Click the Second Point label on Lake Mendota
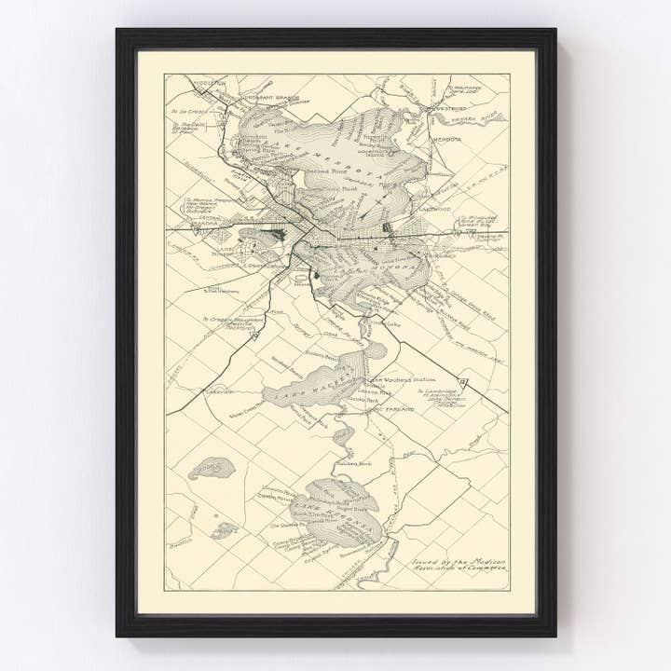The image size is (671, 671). click(x=323, y=171)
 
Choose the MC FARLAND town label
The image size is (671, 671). click(x=395, y=409)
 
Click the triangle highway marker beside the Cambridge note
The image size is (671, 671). click(x=463, y=382)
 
